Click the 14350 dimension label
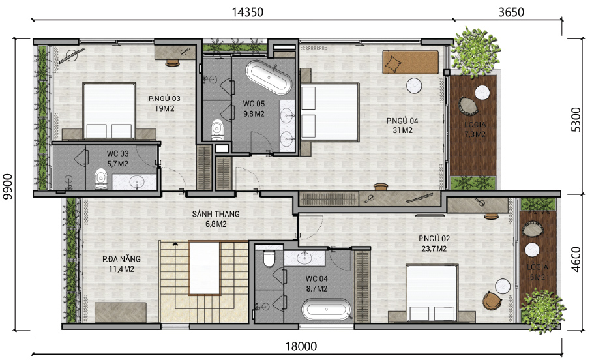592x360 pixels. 247,12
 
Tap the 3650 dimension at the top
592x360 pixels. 511,12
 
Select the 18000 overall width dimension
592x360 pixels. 301,346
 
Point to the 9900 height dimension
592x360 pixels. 7,187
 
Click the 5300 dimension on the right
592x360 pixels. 576,119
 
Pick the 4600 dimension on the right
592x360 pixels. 576,259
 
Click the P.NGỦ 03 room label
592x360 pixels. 164,98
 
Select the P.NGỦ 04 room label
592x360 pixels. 402,121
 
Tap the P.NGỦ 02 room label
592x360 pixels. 434,239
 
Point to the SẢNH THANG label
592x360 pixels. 216,214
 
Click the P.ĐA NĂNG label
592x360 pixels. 121,259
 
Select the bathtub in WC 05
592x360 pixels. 269,77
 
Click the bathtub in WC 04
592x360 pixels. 326,309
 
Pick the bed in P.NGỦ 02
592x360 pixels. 432,292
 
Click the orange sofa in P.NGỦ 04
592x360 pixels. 410,62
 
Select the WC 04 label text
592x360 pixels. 316,278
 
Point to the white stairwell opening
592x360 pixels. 204,268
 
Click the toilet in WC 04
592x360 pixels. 269,258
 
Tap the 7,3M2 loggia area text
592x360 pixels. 475,134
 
